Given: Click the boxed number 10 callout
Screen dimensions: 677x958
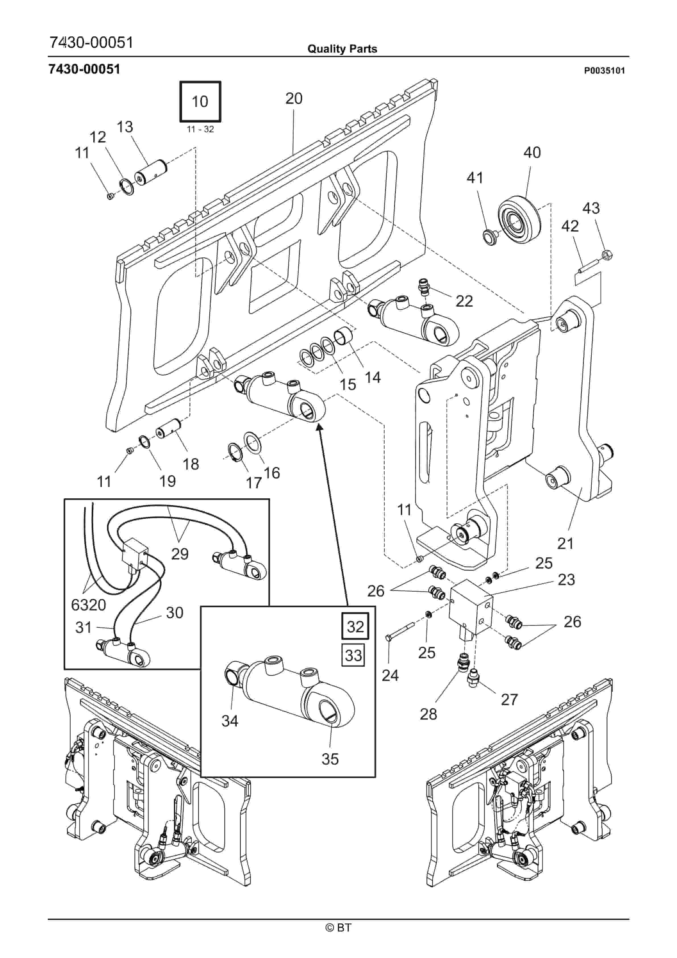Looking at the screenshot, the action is point(200,101).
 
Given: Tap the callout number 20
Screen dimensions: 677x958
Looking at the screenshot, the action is point(294,98).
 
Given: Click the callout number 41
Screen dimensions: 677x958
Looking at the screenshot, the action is point(475,178).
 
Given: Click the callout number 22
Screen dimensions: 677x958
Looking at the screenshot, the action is point(464,301).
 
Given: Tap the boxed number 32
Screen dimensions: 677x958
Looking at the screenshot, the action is point(355,626).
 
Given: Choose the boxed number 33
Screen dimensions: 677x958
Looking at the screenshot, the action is point(353,655).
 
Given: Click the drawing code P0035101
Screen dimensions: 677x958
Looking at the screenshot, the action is point(604,71).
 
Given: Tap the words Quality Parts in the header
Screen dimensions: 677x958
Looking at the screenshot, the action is point(342,49).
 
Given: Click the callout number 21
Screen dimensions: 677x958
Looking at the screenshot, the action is point(565,543).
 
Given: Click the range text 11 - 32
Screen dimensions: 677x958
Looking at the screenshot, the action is point(200,129).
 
